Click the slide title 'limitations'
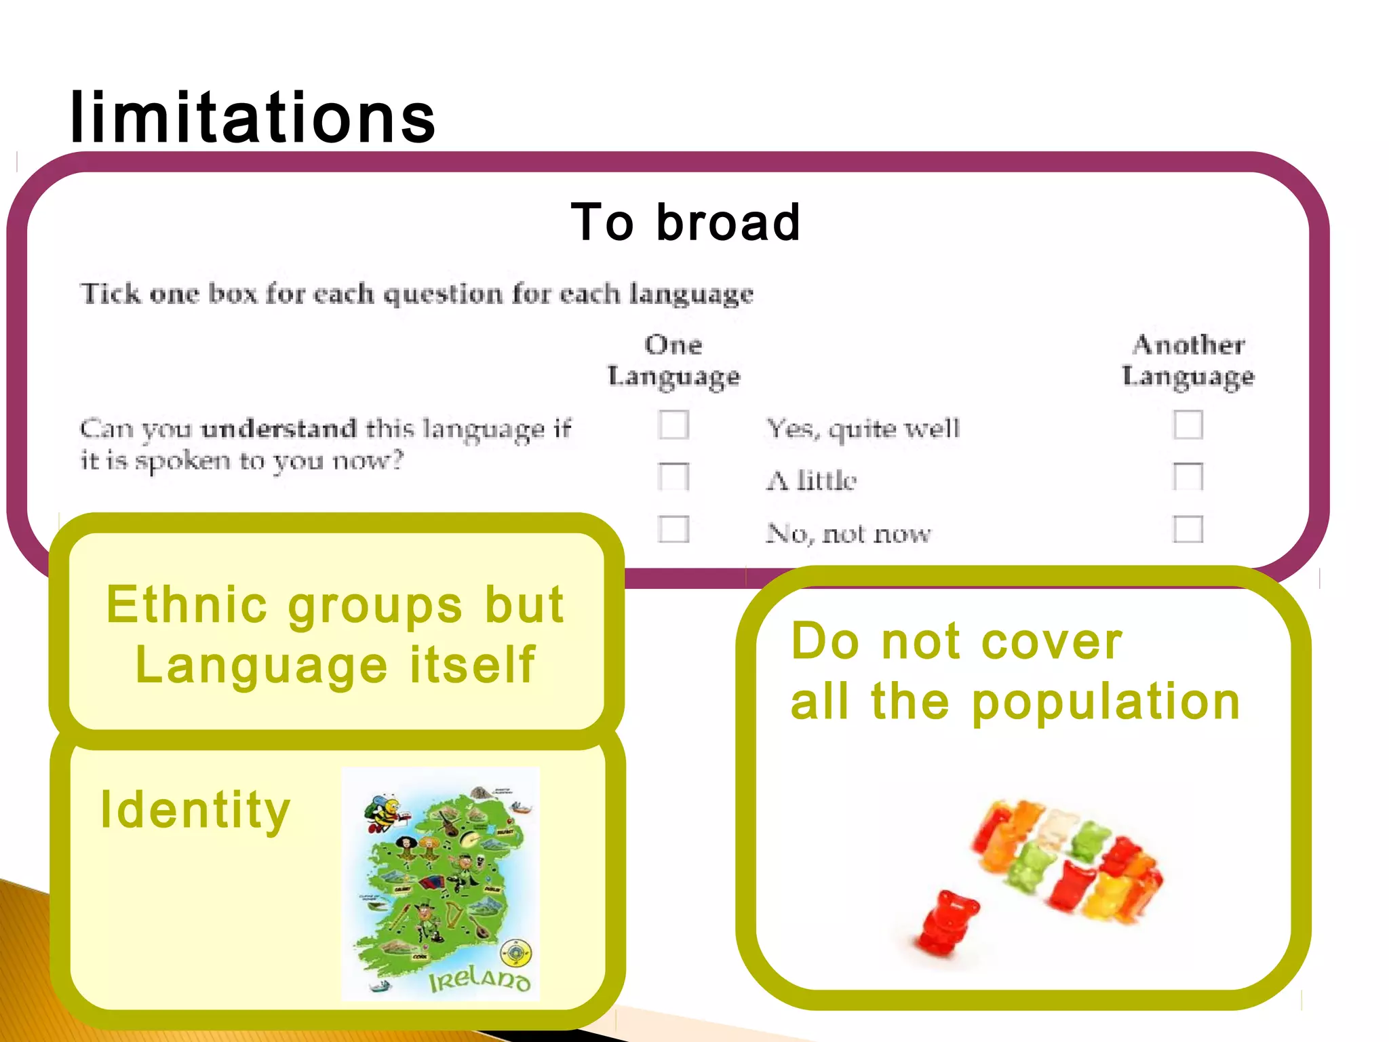[252, 118]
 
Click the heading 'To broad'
[686, 223]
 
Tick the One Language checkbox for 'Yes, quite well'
[673, 425]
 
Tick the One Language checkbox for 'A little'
[673, 477]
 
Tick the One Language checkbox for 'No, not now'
[673, 529]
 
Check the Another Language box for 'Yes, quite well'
[1188, 425]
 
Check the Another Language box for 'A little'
[1188, 477]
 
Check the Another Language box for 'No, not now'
[1188, 529]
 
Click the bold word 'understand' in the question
[279, 429]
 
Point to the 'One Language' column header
[673, 361]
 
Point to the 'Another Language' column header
[1188, 361]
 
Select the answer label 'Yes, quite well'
[863, 429]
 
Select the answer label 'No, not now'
[848, 534]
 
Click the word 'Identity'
[195, 810]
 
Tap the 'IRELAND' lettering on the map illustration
[479, 979]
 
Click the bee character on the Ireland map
[384, 815]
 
